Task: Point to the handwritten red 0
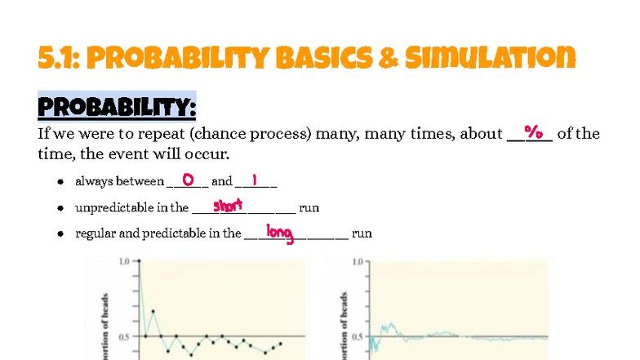click(187, 180)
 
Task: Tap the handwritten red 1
click(255, 180)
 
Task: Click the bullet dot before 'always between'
click(61, 182)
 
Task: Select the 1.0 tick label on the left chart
click(125, 262)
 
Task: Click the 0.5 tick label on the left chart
click(125, 336)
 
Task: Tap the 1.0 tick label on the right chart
click(358, 262)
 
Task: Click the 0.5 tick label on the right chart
click(358, 336)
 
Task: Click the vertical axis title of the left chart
click(104, 327)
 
